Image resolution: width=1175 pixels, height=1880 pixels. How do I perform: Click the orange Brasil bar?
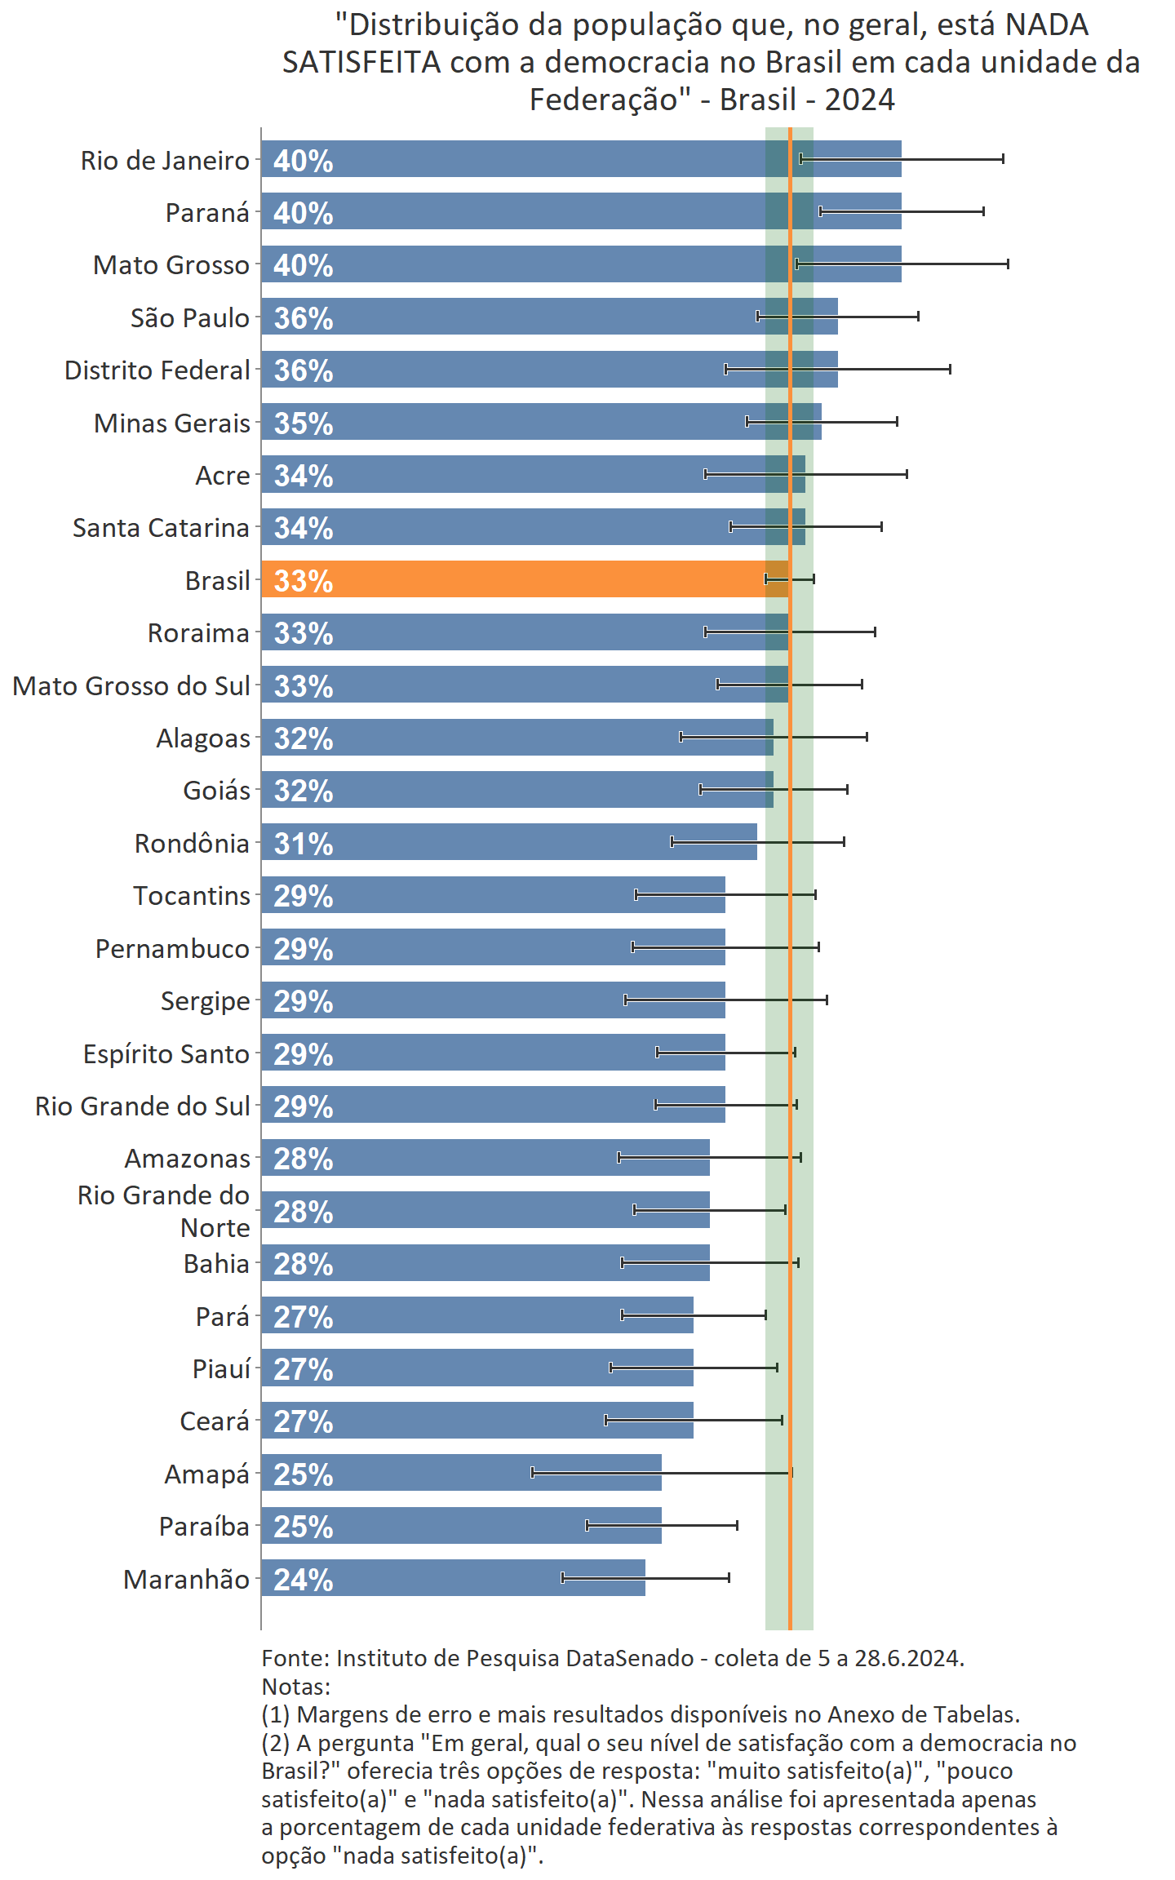522,579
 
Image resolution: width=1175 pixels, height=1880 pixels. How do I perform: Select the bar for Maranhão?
453,1578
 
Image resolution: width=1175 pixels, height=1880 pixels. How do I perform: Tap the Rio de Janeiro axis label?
165,161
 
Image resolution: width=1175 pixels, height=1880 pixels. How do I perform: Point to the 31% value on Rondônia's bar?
304,844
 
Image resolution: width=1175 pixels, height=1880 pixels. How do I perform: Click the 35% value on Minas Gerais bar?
304,423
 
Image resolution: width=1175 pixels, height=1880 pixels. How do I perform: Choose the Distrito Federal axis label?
157,370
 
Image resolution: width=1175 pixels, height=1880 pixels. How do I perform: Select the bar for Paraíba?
461,1526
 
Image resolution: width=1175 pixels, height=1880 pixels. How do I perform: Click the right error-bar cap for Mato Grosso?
1008,264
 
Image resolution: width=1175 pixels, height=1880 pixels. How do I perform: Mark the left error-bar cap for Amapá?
532,1473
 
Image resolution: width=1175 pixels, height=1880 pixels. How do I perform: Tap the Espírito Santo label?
166,1054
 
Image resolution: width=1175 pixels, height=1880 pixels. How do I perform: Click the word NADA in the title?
1047,25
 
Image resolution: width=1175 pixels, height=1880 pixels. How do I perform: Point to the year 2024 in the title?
859,100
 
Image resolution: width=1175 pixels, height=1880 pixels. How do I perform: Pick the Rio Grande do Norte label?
164,1211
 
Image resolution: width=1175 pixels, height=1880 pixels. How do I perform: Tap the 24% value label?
304,1580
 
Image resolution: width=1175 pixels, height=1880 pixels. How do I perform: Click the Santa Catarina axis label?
161,528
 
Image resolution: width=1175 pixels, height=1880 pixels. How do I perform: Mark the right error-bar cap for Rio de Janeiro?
1003,158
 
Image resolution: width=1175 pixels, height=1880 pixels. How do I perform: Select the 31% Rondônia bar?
508,842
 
